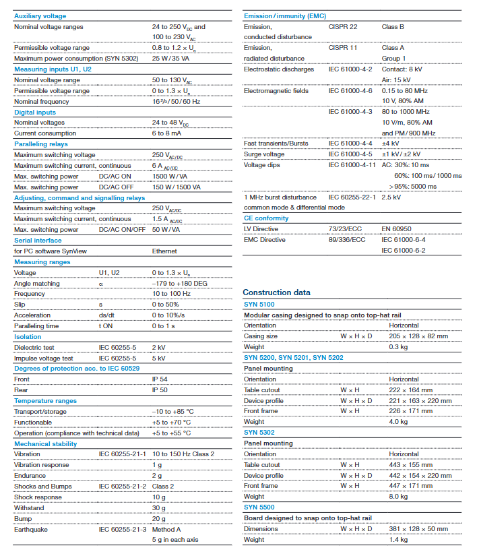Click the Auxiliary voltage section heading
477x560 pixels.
(40, 15)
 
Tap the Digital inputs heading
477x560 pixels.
(35, 113)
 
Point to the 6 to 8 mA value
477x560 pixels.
(170, 133)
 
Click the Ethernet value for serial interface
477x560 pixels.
(164, 251)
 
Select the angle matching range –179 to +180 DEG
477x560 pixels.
(179, 284)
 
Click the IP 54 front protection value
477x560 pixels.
(160, 379)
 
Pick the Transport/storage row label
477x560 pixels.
(40, 412)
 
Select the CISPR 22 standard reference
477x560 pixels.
(343, 27)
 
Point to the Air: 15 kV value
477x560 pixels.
(396, 80)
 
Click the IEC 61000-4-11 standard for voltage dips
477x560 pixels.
(352, 164)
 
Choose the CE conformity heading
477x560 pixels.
(266, 218)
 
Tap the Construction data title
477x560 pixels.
(277, 292)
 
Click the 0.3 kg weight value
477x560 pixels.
(398, 347)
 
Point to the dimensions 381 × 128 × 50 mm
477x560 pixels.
(418, 529)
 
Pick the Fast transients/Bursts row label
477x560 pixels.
(277, 144)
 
